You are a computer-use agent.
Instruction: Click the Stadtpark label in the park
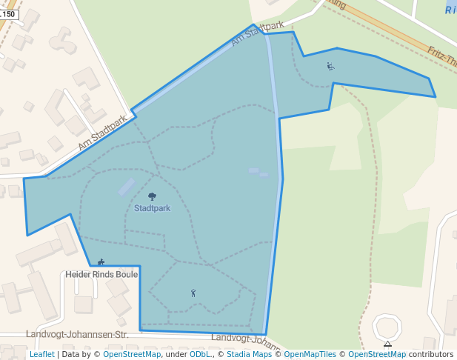[x=152, y=208]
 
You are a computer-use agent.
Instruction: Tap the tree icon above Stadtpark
[x=152, y=196]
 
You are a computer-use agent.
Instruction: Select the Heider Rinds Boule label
[x=101, y=274]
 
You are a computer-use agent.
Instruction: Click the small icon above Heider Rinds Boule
[x=101, y=262]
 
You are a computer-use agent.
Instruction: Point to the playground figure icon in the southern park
[x=193, y=293]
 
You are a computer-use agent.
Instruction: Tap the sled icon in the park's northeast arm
[x=330, y=66]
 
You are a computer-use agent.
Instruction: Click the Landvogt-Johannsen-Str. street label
[x=77, y=335]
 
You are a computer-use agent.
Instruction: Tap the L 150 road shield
[x=7, y=14]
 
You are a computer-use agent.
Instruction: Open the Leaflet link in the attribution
[x=41, y=355]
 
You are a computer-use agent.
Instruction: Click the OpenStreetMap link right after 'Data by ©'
[x=132, y=355]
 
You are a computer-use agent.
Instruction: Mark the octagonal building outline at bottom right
[x=387, y=327]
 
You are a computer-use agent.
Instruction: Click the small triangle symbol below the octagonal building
[x=387, y=344]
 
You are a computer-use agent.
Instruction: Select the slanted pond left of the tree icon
[x=127, y=187]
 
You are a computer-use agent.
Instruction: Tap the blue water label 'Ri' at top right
[x=450, y=10]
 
